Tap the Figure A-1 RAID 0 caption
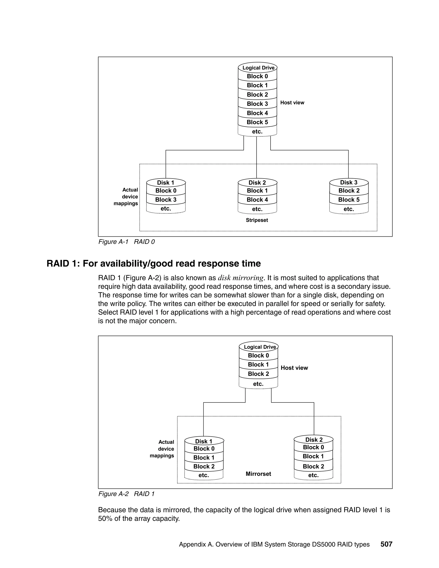[x=126, y=242]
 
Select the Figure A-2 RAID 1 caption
[x=126, y=494]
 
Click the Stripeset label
[x=257, y=220]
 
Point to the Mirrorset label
[x=258, y=474]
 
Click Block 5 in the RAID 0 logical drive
[x=257, y=122]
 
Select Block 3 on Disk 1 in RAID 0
[x=166, y=200]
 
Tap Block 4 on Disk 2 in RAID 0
[x=257, y=200]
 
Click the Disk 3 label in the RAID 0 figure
[x=349, y=182]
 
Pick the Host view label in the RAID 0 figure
[x=292, y=103]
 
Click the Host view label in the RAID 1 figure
[x=294, y=368]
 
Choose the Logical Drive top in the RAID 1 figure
[x=260, y=347]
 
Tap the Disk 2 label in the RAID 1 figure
[x=314, y=440]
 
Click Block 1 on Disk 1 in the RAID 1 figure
[x=204, y=457]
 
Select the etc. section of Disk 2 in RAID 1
[x=313, y=475]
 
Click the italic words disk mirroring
[x=241, y=278]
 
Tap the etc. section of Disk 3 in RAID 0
[x=349, y=209]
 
